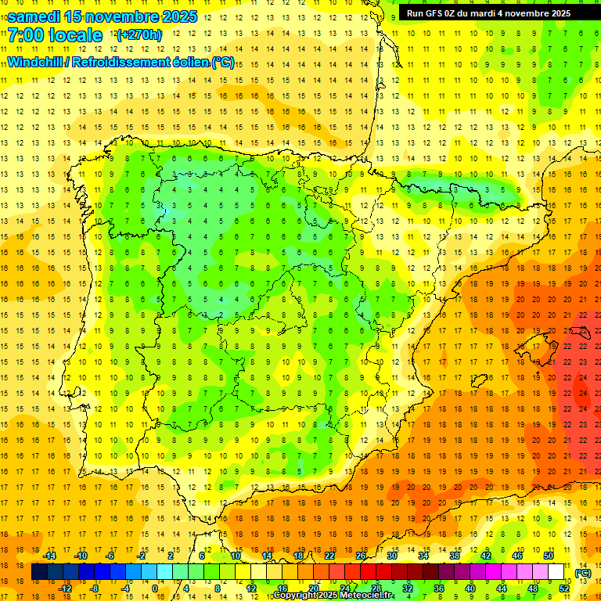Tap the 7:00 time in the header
tap(25, 35)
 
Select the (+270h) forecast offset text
tap(139, 35)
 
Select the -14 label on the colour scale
tap(51, 556)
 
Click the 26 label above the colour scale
tap(361, 556)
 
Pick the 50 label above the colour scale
tap(549, 556)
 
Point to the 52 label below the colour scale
tap(564, 588)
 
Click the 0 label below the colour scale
tap(155, 588)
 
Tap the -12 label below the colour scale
tap(66, 588)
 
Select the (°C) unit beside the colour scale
tap(583, 573)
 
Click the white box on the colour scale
tap(556, 572)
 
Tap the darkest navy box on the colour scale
tap(39, 572)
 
